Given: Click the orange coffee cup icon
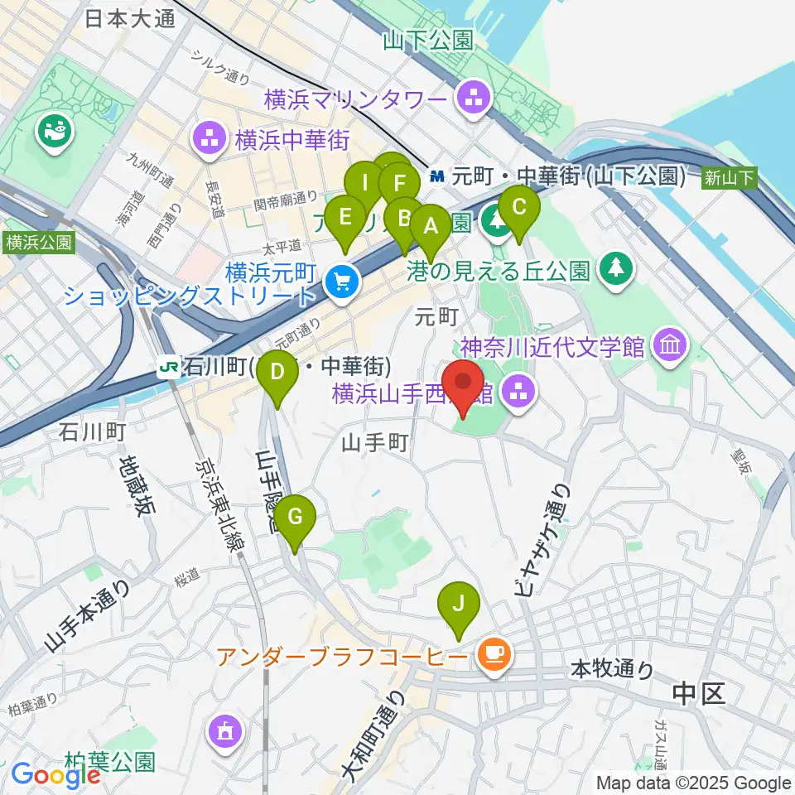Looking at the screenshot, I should [x=494, y=656].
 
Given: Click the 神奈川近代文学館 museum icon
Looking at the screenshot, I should [x=668, y=345].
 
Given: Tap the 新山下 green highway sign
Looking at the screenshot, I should [x=729, y=176].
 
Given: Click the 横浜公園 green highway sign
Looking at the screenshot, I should [x=38, y=243].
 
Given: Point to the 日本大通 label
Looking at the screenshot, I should [x=131, y=18].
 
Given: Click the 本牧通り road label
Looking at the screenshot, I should [x=613, y=668].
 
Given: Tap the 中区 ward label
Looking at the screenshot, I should [x=699, y=694].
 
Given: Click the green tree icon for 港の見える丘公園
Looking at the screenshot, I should [x=615, y=267].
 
